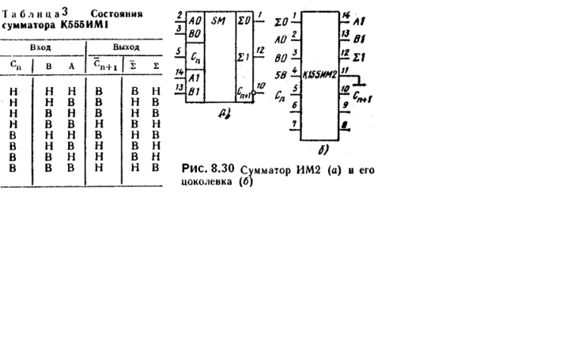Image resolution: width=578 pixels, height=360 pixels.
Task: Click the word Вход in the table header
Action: (x=40, y=48)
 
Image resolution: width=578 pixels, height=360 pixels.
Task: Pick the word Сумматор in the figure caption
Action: (x=266, y=169)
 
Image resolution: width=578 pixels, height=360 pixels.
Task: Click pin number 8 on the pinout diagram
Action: (x=345, y=125)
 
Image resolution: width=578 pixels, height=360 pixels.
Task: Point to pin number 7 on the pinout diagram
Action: (x=295, y=124)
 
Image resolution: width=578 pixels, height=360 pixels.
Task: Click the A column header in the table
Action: (x=70, y=66)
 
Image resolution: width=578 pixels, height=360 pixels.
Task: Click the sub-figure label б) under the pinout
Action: (x=322, y=148)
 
